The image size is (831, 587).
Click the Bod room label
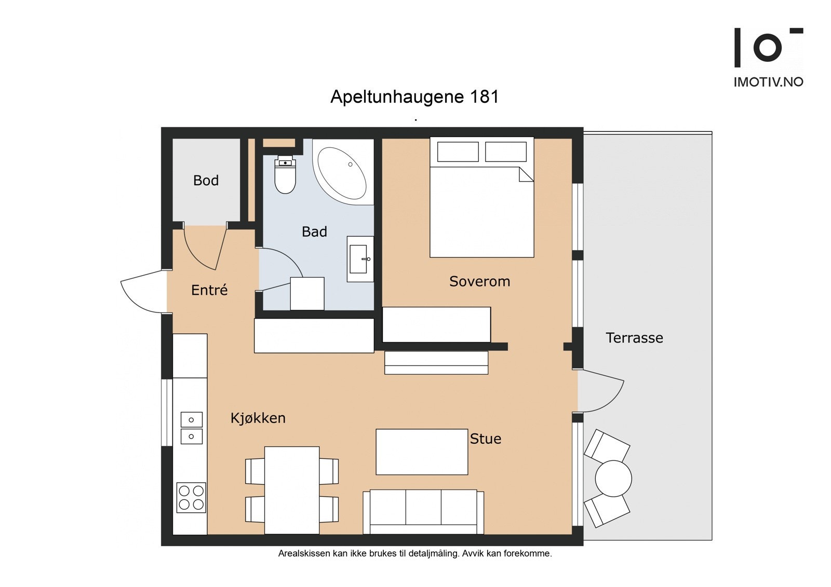206,181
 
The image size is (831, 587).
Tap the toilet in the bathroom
285,175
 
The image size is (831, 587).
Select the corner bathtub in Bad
343,172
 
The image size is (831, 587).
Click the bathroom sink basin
358,259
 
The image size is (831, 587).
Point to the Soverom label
480,281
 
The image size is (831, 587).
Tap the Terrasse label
634,338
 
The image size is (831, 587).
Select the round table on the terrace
613,479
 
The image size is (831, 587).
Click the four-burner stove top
191,498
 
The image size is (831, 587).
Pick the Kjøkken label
258,418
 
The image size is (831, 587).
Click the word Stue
486,439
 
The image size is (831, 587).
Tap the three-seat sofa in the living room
423,512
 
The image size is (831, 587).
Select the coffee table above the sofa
422,452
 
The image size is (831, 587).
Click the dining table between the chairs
292,490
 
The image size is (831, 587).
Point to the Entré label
209,290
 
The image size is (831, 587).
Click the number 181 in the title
484,97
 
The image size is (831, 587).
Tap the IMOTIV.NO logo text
768,82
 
